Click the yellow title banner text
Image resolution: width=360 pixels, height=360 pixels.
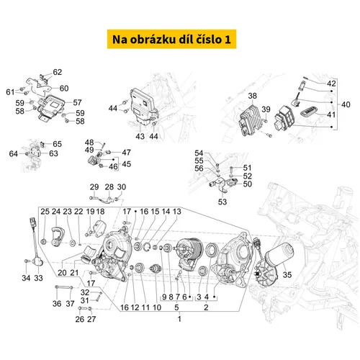tap(179, 37)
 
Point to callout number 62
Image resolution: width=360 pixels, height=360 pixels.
tap(58, 72)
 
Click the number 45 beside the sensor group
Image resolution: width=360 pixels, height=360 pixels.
tap(125, 163)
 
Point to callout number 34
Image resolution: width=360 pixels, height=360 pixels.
tap(26, 278)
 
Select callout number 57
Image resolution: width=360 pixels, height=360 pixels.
tap(77, 102)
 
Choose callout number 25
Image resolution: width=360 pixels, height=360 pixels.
tap(44, 212)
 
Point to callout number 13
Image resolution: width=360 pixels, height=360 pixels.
tap(177, 212)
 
